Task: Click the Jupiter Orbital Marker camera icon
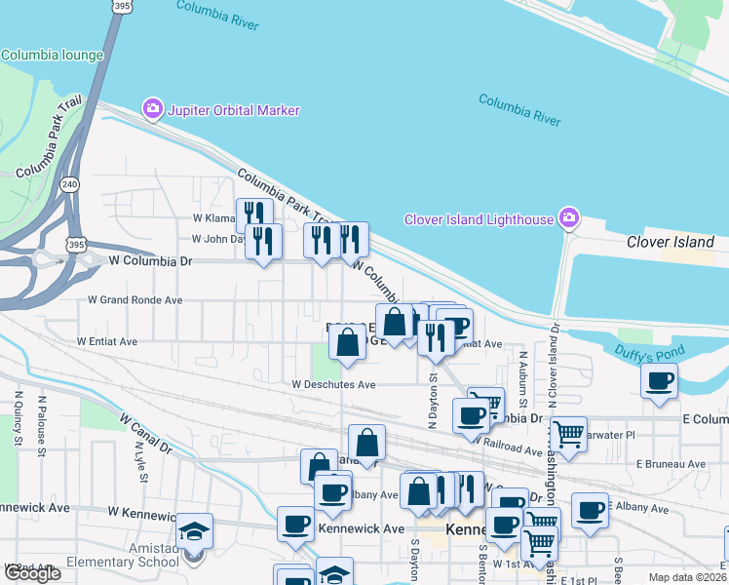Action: [153, 110]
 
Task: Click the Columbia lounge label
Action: [52, 56]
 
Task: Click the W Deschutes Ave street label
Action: [333, 385]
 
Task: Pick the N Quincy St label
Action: [19, 418]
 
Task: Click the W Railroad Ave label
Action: [508, 445]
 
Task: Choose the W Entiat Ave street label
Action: [106, 342]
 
